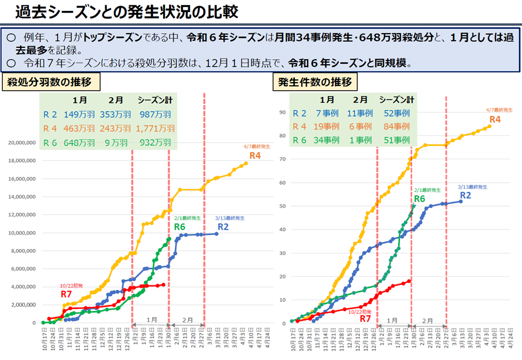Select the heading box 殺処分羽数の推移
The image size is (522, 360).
pyautogui.click(x=53, y=82)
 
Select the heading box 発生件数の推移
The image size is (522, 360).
pyautogui.click(x=315, y=82)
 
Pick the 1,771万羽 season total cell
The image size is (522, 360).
pyautogui.click(x=156, y=128)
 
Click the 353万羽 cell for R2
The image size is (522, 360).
pyautogui.click(x=115, y=114)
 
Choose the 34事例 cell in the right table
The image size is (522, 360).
pyautogui.click(x=327, y=140)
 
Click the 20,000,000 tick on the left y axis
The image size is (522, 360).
pyautogui.click(x=22, y=143)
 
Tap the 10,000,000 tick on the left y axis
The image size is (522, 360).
pyautogui.click(x=22, y=233)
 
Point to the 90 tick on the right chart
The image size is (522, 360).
pyautogui.click(x=283, y=113)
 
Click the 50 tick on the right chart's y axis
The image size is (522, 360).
pyautogui.click(x=283, y=206)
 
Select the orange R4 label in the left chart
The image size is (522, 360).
pyautogui.click(x=255, y=156)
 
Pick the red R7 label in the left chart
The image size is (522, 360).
pyautogui.click(x=66, y=294)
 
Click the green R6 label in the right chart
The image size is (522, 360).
pyautogui.click(x=420, y=199)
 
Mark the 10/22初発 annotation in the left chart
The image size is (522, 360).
pyautogui.click(x=71, y=286)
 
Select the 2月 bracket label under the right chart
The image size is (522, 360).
pyautogui.click(x=427, y=321)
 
